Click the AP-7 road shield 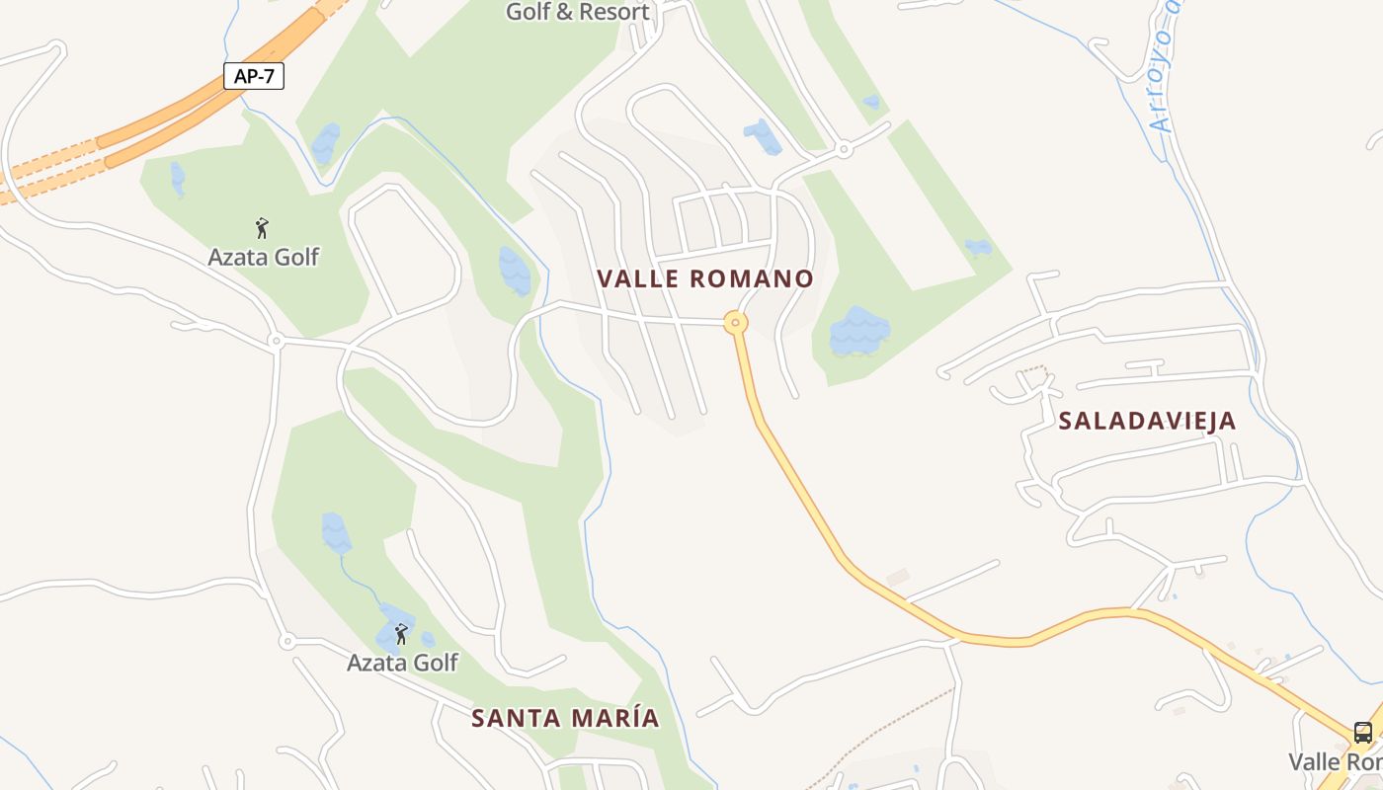[254, 76]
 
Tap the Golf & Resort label [578, 12]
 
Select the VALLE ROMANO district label [705, 278]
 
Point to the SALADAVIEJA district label [1147, 421]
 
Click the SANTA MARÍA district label [565, 718]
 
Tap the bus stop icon [1363, 733]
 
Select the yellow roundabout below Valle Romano [735, 322]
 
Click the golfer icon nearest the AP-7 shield [262, 228]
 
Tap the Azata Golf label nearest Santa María [402, 662]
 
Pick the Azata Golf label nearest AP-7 [263, 257]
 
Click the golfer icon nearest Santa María [401, 633]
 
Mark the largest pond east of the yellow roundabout [859, 332]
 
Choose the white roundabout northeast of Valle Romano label [844, 150]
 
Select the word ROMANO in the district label [751, 278]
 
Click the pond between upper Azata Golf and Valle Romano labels [515, 271]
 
